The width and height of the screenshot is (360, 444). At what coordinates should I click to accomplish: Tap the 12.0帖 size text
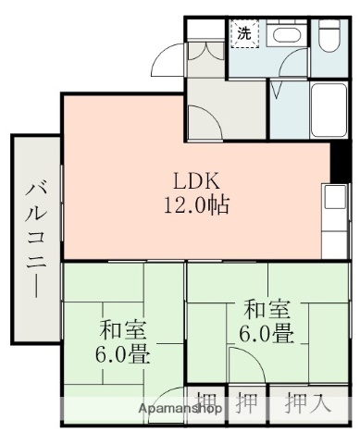tap(197, 203)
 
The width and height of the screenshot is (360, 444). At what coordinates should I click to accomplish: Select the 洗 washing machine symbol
tap(244, 34)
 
